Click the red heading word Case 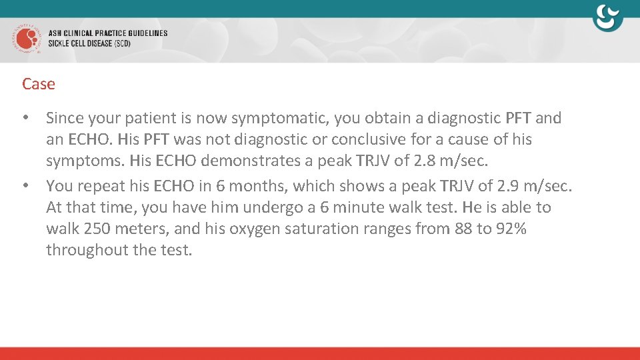pyautogui.click(x=39, y=84)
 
